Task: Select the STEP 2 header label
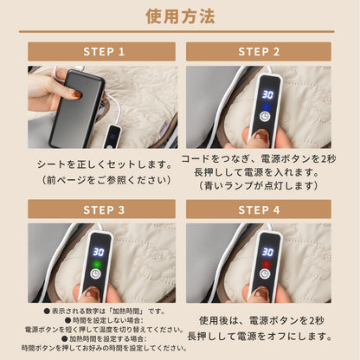tap(259, 52)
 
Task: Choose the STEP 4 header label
tap(259, 209)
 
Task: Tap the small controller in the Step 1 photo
tap(112, 136)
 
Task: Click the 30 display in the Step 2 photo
tap(267, 95)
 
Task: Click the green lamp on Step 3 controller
tap(98, 267)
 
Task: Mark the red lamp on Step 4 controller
tap(267, 267)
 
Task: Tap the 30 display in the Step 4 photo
tap(267, 253)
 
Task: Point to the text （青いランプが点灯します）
tap(258, 185)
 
